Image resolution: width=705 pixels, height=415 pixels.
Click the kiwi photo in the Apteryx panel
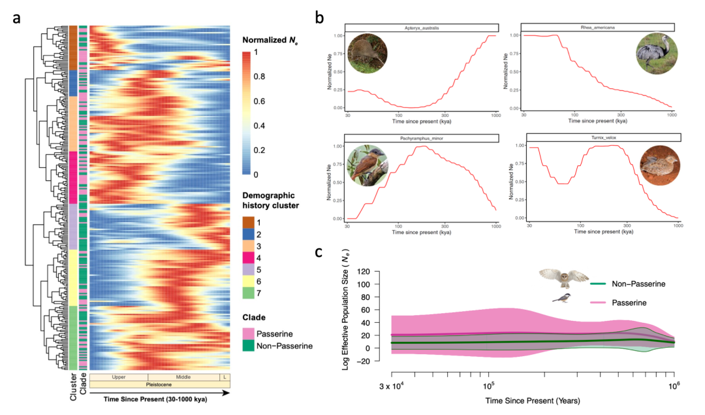tap(368, 54)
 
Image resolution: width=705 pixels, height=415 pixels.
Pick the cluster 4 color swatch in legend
tap(249, 257)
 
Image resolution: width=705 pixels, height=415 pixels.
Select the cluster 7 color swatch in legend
tap(249, 292)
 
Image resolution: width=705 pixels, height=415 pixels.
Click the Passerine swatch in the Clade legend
tap(249, 333)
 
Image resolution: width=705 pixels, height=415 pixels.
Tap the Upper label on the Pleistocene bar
tap(119, 377)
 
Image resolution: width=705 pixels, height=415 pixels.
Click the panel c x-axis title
tap(533, 399)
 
